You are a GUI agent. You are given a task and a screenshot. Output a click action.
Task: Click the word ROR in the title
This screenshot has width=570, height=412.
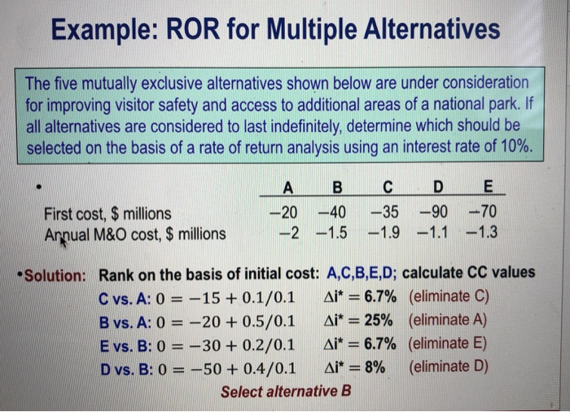pyautogui.click(x=199, y=31)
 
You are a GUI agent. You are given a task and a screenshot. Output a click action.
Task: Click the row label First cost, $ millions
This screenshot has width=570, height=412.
pyautogui.click(x=108, y=214)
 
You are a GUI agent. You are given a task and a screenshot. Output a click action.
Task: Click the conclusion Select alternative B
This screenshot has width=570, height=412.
pyautogui.click(x=286, y=391)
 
